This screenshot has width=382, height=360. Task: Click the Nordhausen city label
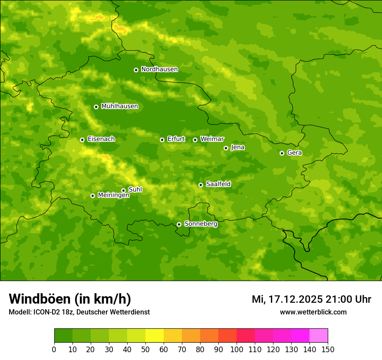pos(159,69)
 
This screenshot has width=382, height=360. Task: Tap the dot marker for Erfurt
pos(162,140)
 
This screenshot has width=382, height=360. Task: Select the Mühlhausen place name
pos(119,106)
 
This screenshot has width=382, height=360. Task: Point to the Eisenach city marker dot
pos(82,140)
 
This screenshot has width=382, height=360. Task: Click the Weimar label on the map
pos(212,139)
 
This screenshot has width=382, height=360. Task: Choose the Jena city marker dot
pos(226,148)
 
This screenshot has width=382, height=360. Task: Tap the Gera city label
pos(294,153)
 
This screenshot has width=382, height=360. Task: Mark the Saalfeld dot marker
pos(201,185)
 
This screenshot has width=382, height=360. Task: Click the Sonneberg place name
pos(201,224)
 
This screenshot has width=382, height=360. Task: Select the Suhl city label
pos(135,190)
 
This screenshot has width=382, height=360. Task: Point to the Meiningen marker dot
pos(92,196)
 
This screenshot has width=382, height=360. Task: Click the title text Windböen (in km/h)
pos(70,299)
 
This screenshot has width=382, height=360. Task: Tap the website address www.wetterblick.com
pos(313,312)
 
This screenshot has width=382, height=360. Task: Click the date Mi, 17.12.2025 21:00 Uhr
pos(311,299)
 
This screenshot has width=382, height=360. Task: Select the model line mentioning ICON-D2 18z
pos(79,312)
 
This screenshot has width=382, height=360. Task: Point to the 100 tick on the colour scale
pos(237,349)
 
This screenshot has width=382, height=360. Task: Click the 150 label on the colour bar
pos(328,349)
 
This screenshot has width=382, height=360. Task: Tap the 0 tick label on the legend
pos(54,349)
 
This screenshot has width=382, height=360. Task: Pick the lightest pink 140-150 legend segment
pos(319,336)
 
